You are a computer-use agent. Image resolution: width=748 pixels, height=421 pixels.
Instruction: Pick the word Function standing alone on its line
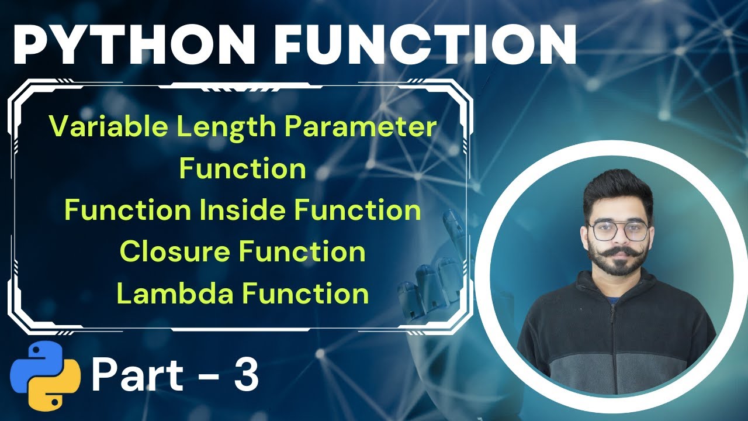(x=243, y=168)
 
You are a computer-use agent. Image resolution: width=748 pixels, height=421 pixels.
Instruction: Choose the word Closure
(x=175, y=252)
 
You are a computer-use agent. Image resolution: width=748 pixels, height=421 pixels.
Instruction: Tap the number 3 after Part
(x=246, y=376)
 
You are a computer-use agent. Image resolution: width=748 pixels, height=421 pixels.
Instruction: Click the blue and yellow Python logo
(x=45, y=375)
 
